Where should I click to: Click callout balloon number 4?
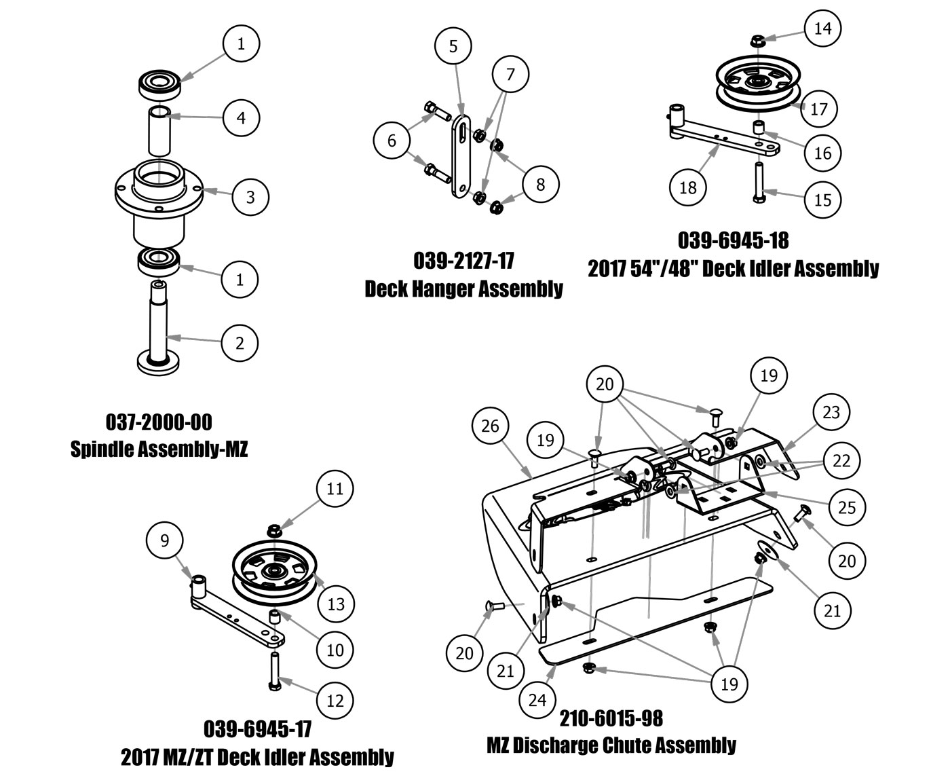pyautogui.click(x=240, y=117)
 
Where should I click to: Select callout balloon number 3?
pyautogui.click(x=250, y=197)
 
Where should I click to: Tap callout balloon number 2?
pyautogui.click(x=240, y=343)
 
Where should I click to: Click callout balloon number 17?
pyautogui.click(x=819, y=109)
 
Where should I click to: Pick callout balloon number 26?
pyautogui.click(x=490, y=426)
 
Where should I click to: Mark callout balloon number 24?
pyautogui.click(x=537, y=699)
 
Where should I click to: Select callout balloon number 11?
pyautogui.click(x=335, y=488)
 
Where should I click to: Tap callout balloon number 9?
pyautogui.click(x=164, y=540)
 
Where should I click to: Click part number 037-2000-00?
pyautogui.click(x=159, y=423)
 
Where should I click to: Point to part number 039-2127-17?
pyautogui.click(x=463, y=261)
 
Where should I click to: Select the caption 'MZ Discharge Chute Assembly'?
pyautogui.click(x=611, y=745)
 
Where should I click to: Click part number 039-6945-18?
pyautogui.click(x=733, y=240)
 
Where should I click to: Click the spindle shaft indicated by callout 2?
pyautogui.click(x=160, y=319)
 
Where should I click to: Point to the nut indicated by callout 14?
pyautogui.click(x=760, y=41)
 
